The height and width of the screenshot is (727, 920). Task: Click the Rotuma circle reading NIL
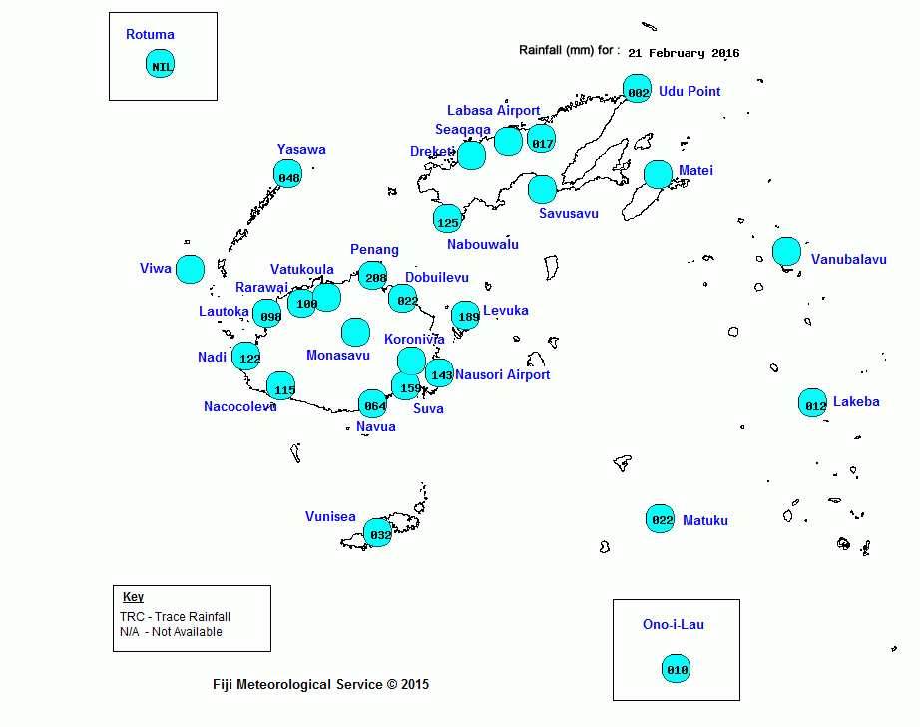point(161,64)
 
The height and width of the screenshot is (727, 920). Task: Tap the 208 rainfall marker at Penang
point(373,276)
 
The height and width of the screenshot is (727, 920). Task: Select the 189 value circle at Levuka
point(466,315)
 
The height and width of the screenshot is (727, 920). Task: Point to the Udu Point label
point(690,91)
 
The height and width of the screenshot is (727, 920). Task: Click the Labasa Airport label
point(494,110)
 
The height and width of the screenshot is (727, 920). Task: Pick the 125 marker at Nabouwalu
point(448,219)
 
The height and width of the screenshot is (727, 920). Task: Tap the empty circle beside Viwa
point(191,270)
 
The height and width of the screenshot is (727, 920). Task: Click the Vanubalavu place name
point(848,259)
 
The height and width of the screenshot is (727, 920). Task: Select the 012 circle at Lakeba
point(812,402)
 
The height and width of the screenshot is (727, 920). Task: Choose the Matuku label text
point(705,520)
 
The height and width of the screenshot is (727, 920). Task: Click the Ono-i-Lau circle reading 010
point(676,669)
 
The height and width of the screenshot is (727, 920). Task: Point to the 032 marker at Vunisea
point(378,533)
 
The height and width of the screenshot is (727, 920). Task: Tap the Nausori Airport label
point(503,374)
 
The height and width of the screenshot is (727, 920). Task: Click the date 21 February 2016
point(684,53)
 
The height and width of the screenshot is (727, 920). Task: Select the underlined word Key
point(133,596)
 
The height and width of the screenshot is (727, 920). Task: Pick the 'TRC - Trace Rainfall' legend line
point(175,616)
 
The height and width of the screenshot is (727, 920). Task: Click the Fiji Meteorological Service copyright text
point(320,684)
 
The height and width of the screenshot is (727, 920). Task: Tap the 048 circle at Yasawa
point(288,173)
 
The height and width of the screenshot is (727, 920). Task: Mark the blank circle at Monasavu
point(355,332)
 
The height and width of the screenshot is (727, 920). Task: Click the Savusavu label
point(569,213)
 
